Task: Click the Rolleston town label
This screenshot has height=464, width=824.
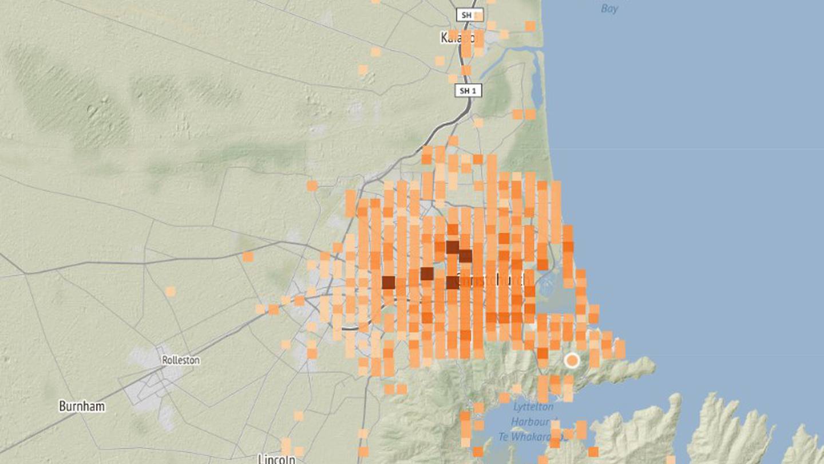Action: (181, 360)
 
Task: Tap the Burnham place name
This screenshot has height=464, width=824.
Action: (82, 406)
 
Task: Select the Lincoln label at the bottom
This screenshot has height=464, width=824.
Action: (276, 458)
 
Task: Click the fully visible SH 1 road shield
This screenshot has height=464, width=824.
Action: (468, 91)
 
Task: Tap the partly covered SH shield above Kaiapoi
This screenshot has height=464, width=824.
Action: (469, 15)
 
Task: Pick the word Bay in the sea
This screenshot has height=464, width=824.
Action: (609, 9)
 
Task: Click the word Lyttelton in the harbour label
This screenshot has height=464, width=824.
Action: (533, 407)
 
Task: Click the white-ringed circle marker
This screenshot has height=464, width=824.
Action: (572, 360)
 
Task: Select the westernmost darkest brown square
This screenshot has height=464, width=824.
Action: (388, 282)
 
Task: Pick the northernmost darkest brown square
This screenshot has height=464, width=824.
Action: (453, 247)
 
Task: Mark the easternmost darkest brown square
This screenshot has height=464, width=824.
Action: (465, 255)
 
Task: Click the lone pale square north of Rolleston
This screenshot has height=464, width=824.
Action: (170, 292)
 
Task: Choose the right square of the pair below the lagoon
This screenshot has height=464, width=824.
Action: (530, 114)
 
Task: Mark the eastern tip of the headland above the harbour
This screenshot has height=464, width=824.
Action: (653, 363)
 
